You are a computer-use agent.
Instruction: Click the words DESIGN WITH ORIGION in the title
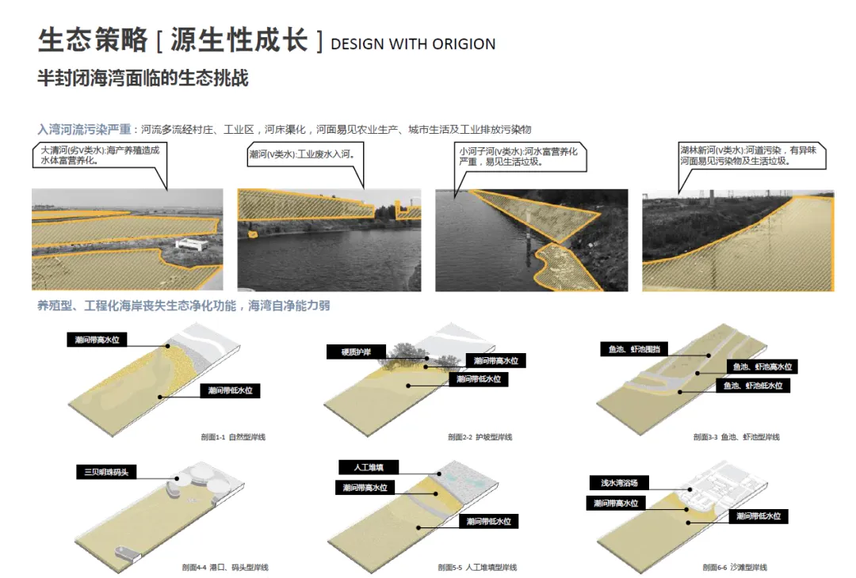(413, 44)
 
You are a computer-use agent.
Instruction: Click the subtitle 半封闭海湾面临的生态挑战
(143, 79)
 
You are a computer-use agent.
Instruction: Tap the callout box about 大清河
(100, 155)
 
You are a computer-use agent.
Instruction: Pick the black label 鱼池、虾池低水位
(752, 386)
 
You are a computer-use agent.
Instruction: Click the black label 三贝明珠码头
(107, 473)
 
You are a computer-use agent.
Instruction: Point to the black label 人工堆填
(368, 467)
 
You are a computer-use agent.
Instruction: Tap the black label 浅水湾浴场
(619, 482)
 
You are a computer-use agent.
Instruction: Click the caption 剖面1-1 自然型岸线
(234, 437)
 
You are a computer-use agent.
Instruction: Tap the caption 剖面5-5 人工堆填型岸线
(477, 567)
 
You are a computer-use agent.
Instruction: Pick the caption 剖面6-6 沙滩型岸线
(735, 567)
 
